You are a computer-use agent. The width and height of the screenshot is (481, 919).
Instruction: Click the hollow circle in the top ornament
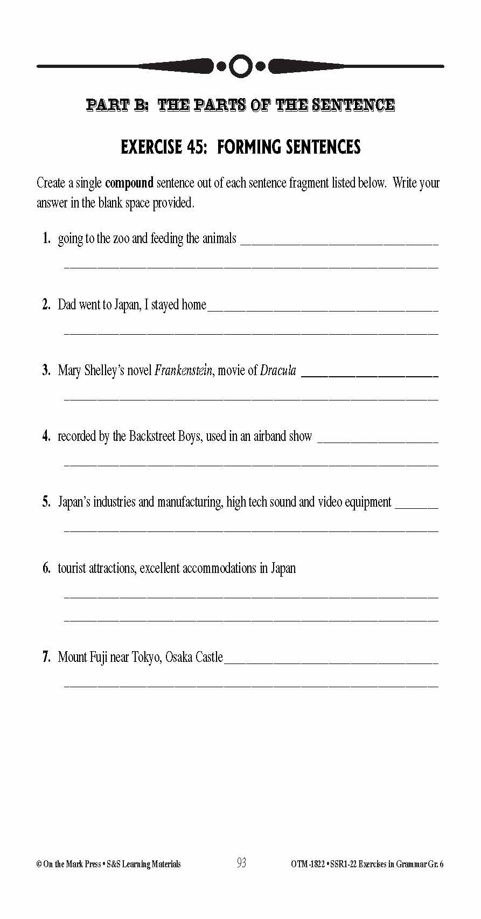pyautogui.click(x=241, y=66)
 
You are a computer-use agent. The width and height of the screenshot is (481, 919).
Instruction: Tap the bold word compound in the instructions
pyautogui.click(x=129, y=183)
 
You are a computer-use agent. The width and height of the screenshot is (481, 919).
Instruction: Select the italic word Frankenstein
pyautogui.click(x=183, y=370)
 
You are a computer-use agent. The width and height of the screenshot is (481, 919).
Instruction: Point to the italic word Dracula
pyautogui.click(x=278, y=370)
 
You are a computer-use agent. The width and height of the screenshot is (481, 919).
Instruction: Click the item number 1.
pyautogui.click(x=46, y=238)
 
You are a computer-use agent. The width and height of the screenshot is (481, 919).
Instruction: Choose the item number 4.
pyautogui.click(x=46, y=436)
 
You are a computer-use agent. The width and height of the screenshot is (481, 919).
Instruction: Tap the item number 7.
pyautogui.click(x=46, y=657)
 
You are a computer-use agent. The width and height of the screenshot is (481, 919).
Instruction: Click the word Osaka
pyautogui.click(x=178, y=657)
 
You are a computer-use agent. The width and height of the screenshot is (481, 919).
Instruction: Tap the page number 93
pyautogui.click(x=241, y=863)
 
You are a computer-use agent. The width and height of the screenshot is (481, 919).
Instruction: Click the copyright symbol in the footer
pyautogui.click(x=39, y=864)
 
